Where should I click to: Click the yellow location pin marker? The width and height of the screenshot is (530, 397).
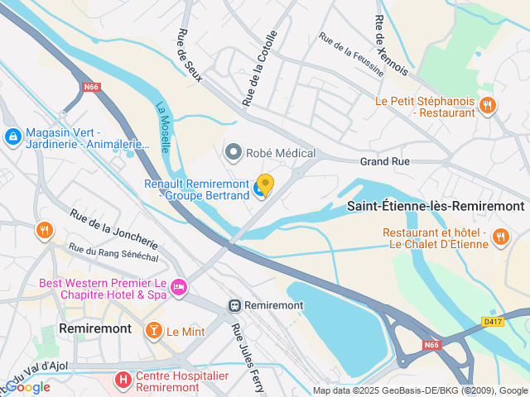click(x=265, y=184)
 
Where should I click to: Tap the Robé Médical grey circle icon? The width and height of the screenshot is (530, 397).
click(x=234, y=152)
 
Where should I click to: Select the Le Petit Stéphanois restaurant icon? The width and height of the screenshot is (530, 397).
click(x=488, y=105)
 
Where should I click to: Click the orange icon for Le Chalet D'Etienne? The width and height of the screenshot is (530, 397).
click(x=500, y=237)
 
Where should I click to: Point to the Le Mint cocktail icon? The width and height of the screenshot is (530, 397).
click(x=153, y=331)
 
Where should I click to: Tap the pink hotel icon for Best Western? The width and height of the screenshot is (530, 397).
click(x=179, y=288)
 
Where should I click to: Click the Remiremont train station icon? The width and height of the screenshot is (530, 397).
click(x=235, y=305)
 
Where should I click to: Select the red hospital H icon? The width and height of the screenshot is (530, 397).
click(x=123, y=380)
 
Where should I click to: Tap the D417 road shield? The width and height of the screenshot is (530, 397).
click(x=493, y=321)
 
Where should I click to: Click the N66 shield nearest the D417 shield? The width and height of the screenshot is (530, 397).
click(x=431, y=344)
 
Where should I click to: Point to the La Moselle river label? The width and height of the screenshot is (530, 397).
click(x=163, y=127)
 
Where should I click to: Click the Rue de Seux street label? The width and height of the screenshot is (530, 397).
click(x=185, y=55)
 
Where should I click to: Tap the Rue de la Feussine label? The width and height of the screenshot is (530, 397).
click(x=351, y=55)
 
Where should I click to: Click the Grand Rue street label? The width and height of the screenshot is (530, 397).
click(x=385, y=162)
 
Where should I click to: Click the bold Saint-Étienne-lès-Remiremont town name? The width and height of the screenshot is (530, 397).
click(x=435, y=206)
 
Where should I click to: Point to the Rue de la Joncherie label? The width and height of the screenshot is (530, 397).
click(x=113, y=229)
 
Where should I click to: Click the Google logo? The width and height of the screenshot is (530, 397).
click(x=27, y=387)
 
